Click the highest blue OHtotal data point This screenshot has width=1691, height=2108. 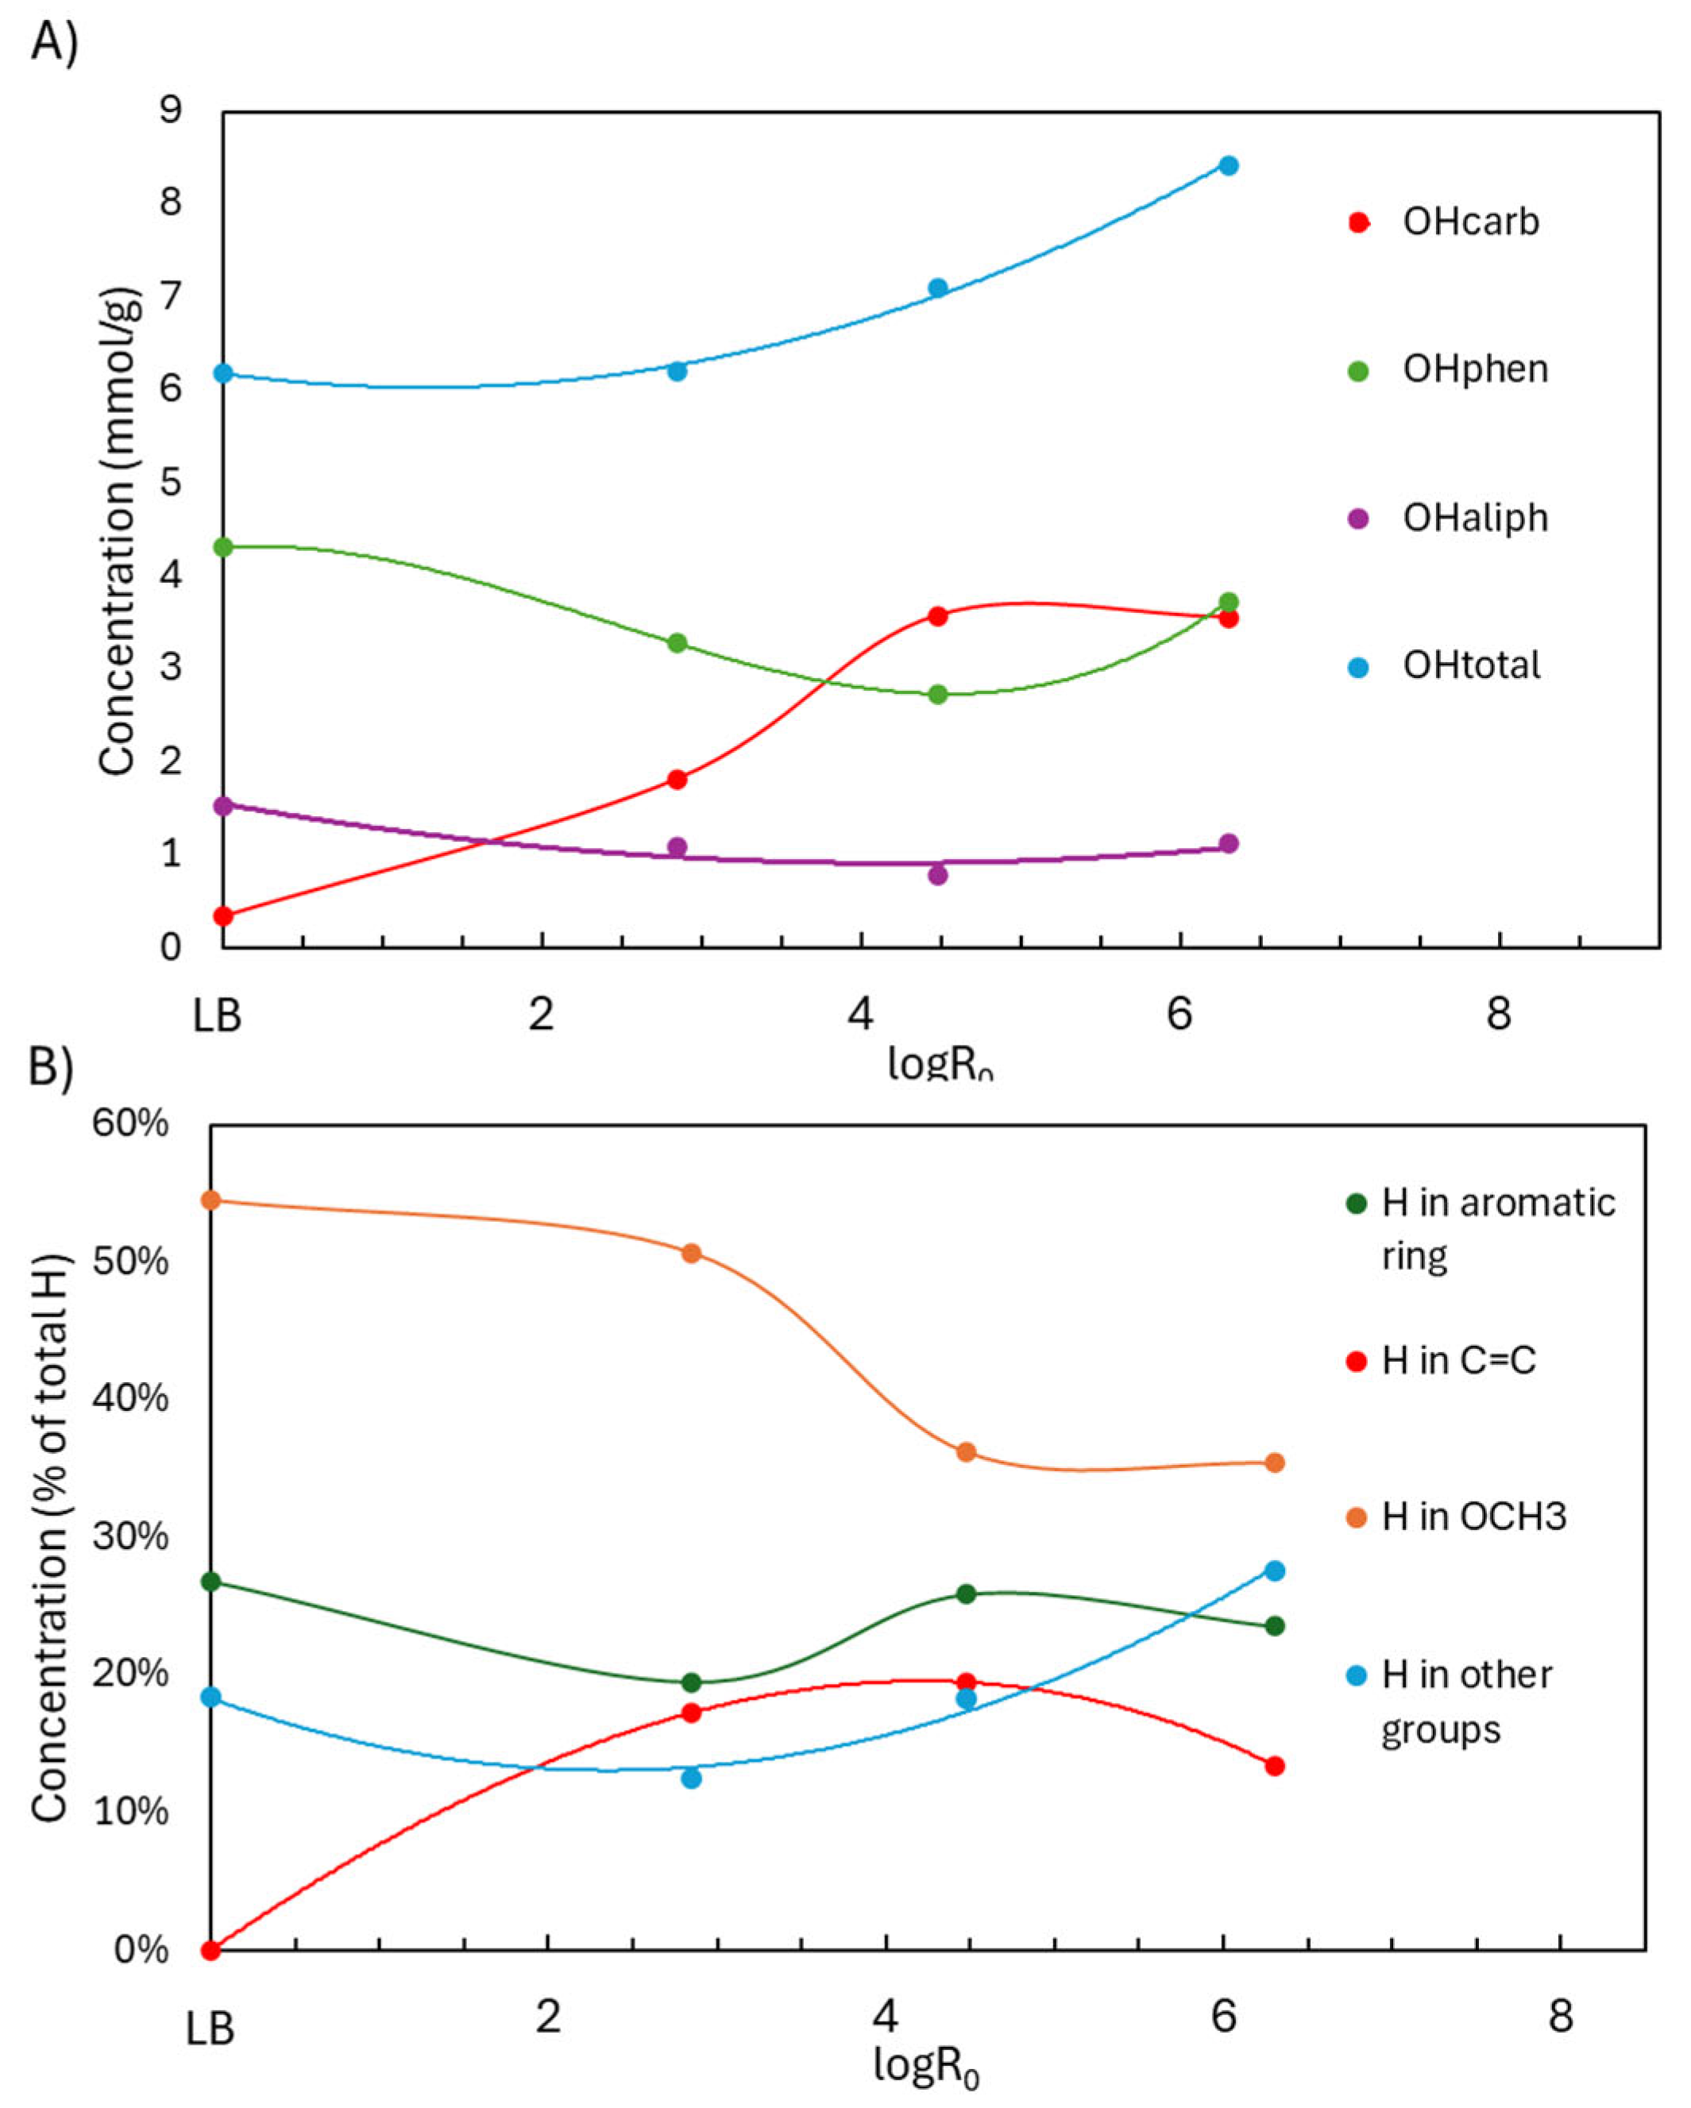pos(1229,165)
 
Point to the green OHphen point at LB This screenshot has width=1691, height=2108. pos(223,546)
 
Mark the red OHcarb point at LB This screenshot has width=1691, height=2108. pos(223,916)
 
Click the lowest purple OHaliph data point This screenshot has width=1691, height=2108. pos(937,874)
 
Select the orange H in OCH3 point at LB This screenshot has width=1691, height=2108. pos(210,1200)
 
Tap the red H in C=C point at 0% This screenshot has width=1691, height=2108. pos(210,1951)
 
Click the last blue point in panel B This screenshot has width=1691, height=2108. pos(1274,1571)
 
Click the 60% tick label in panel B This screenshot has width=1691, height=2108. pos(129,1124)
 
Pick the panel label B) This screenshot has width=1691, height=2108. pos(51,1068)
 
